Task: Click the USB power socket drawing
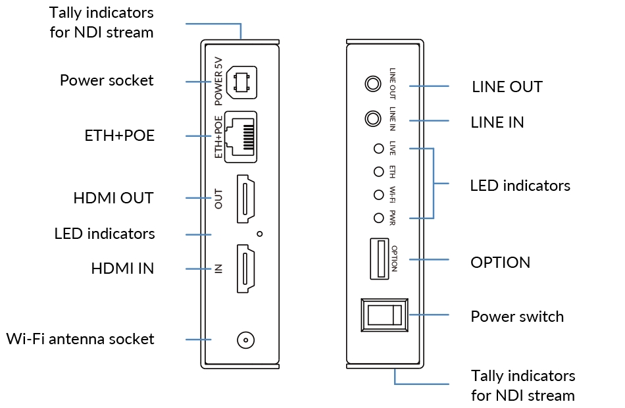241,82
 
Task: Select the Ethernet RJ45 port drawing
241,137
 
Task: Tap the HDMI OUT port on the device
245,199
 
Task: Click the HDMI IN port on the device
245,268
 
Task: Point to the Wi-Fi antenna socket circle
245,340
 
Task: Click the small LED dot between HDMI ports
260,234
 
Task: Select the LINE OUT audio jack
373,84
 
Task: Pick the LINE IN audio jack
373,118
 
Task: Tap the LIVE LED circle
379,148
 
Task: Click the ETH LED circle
379,172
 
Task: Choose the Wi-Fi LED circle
379,195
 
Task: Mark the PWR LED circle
379,218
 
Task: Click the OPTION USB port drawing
380,259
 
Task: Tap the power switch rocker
385,315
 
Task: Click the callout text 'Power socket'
107,80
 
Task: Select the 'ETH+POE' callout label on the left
120,136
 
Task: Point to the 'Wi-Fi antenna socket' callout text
80,339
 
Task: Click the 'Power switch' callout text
517,317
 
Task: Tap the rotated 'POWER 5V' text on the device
218,82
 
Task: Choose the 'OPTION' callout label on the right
500,263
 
